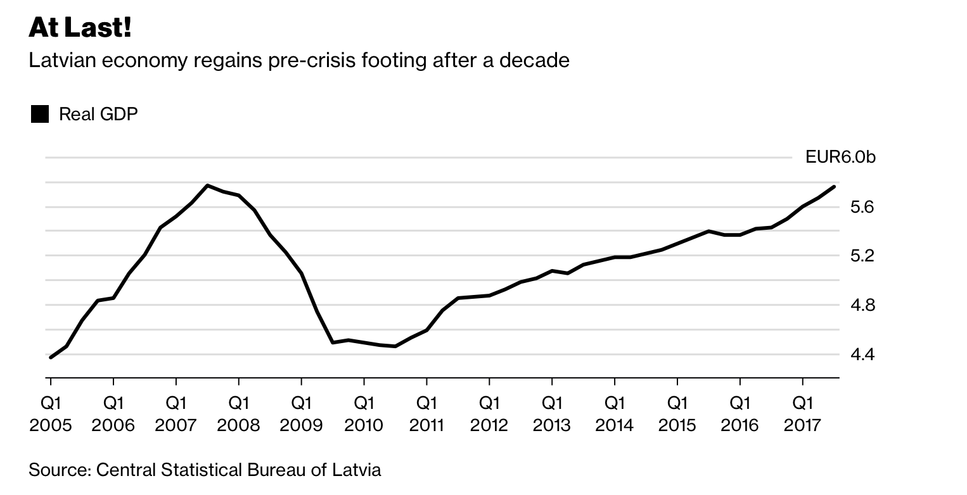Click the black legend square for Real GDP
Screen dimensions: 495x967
(40, 115)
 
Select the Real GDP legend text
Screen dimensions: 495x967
(98, 115)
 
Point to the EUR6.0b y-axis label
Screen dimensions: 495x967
(840, 157)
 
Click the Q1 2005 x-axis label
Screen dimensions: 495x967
(50, 413)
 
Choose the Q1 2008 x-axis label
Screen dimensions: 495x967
(238, 413)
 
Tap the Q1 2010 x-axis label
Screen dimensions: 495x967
(364, 413)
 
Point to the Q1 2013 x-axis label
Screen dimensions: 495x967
(552, 413)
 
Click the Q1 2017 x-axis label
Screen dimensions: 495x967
(803, 413)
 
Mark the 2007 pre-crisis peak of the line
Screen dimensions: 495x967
(207, 185)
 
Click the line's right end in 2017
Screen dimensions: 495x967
(834, 186)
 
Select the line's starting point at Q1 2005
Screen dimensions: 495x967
(51, 358)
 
